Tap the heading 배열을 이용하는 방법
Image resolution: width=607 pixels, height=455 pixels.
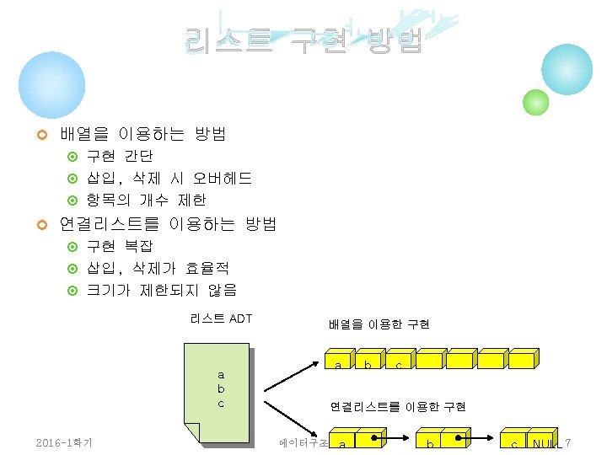pos(142,134)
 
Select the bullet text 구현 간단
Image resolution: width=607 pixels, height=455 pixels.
pos(120,156)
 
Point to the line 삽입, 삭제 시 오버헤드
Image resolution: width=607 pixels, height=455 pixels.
pos(169,178)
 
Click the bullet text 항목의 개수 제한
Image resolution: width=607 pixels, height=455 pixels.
pos(147,200)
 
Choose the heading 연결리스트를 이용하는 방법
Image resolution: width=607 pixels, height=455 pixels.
pos(168,224)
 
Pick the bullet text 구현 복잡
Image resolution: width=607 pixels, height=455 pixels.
pos(120,246)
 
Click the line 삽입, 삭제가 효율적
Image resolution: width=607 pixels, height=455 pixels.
pos(158,268)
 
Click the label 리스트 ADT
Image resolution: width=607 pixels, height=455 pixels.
pos(221,318)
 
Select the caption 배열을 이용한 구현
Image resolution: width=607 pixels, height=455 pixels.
pos(379,324)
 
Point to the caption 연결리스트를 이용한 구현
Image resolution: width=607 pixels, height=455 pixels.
pos(397,407)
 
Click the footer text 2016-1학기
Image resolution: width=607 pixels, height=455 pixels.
pos(64,443)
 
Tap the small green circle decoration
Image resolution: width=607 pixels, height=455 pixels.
pos(536,102)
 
